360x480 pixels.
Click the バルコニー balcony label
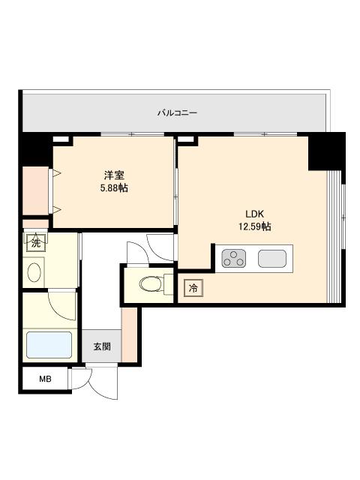click(177, 113)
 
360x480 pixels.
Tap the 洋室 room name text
click(114, 175)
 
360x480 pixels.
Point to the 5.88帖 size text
click(114, 187)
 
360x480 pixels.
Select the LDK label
click(255, 214)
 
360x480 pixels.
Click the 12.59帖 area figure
click(255, 226)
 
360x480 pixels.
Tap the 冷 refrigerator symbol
click(193, 288)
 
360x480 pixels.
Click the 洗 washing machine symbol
click(36, 243)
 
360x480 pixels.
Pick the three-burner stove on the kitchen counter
click(234, 258)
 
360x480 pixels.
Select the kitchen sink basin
click(272, 259)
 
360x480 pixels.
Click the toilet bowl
click(151, 284)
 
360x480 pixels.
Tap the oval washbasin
click(34, 272)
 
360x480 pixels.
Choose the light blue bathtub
click(49, 345)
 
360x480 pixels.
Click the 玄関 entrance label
click(102, 346)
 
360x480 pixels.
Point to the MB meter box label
click(45, 379)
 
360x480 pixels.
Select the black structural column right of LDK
click(327, 151)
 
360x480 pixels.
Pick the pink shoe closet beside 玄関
click(130, 334)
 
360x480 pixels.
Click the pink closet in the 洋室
click(36, 190)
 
